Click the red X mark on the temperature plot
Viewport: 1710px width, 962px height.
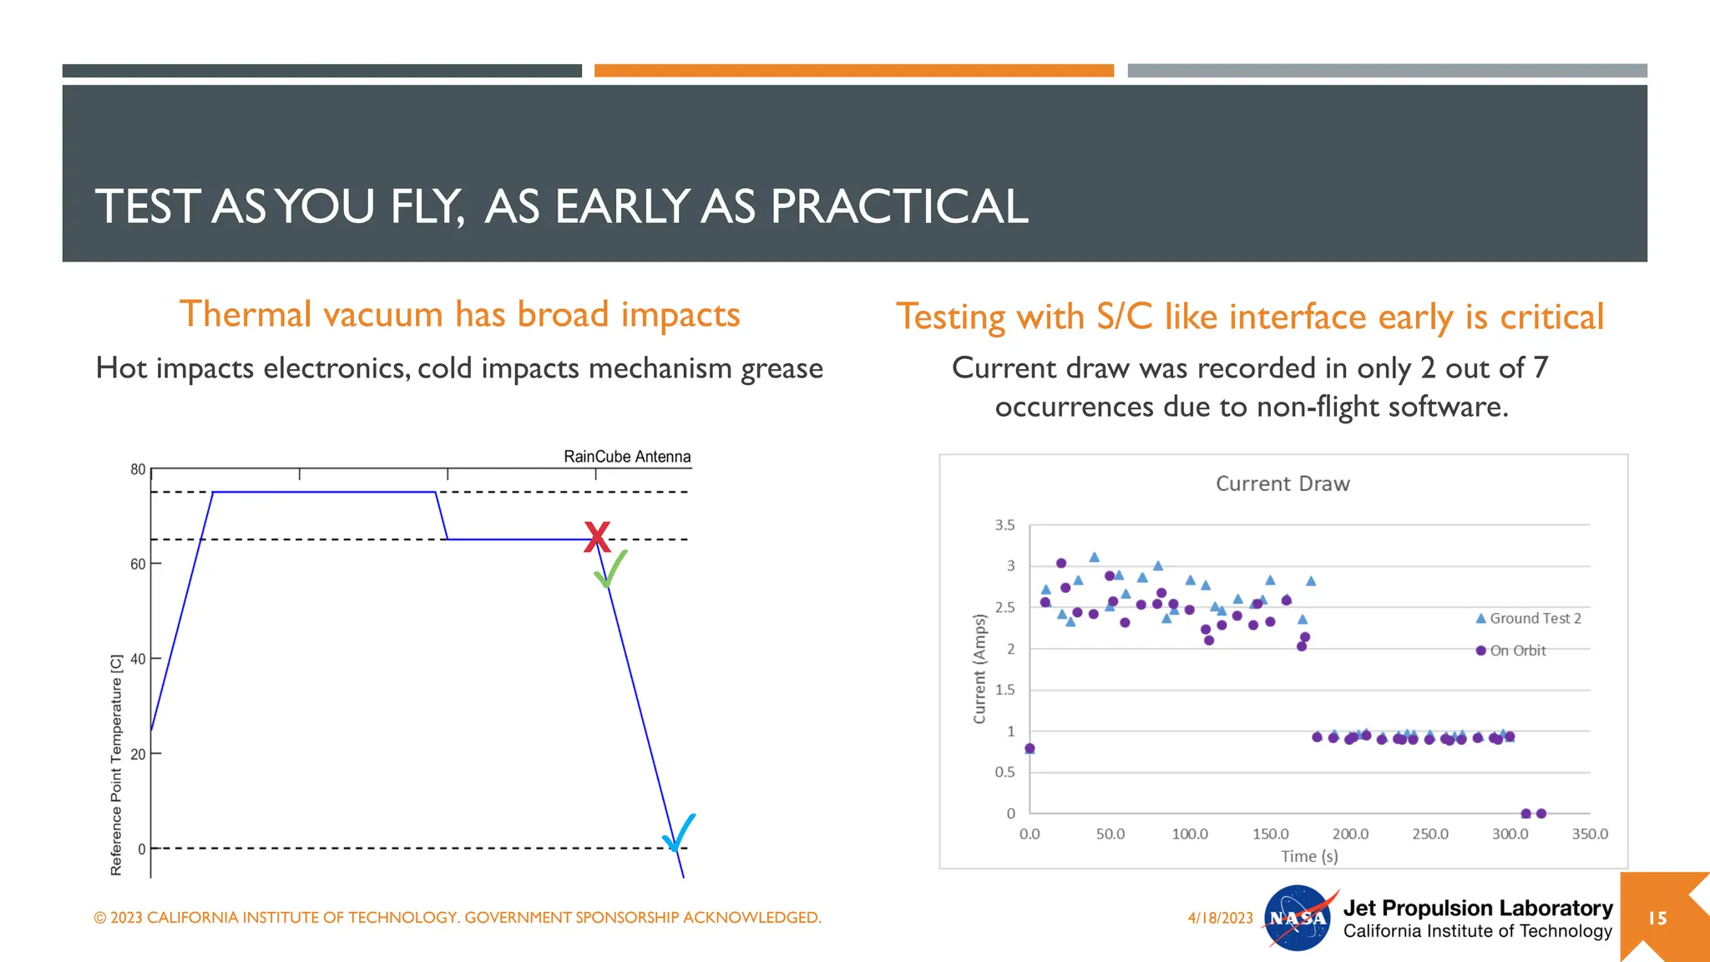(597, 537)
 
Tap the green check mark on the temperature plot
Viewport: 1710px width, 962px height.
(610, 570)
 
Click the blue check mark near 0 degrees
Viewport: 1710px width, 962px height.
(680, 832)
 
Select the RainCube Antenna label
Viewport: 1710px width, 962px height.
(627, 457)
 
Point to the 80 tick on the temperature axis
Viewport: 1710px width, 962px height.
(138, 469)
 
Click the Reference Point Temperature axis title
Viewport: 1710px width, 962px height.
(116, 765)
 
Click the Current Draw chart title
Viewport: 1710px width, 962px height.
(1282, 484)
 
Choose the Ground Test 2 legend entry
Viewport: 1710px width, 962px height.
(1529, 619)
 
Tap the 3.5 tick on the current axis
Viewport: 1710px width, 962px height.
(1004, 525)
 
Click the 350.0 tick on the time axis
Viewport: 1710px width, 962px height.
(1590, 834)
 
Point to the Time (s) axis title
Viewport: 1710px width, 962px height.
(1309, 856)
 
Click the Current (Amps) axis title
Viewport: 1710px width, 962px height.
(979, 669)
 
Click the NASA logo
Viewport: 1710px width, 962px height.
(1298, 918)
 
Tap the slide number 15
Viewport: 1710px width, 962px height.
(1657, 919)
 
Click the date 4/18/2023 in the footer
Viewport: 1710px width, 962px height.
(1220, 918)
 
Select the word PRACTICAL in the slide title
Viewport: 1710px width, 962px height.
(899, 206)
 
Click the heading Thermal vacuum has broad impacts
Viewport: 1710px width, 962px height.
(460, 315)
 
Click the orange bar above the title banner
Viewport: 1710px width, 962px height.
(853, 71)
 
